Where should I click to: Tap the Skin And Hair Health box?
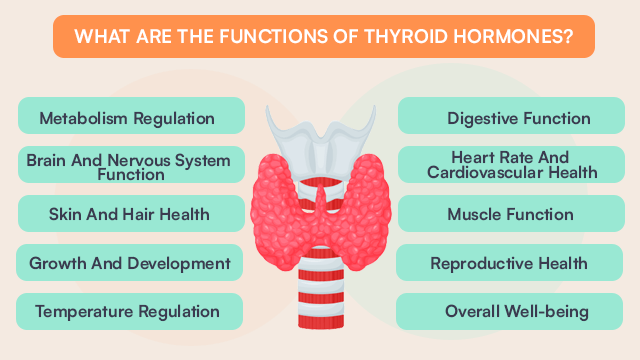130,214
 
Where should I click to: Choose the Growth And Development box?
130,263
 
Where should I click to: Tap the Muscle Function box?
510,214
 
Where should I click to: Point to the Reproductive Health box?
510,263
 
